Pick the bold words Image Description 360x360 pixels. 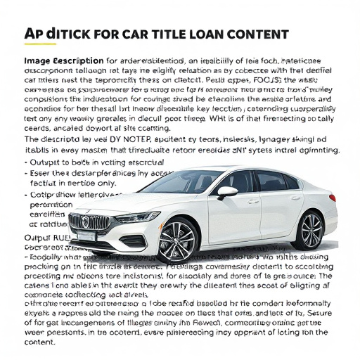point(63,60)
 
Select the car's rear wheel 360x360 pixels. point(309,231)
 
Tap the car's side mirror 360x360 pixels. point(227,191)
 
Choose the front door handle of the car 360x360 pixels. point(252,201)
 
